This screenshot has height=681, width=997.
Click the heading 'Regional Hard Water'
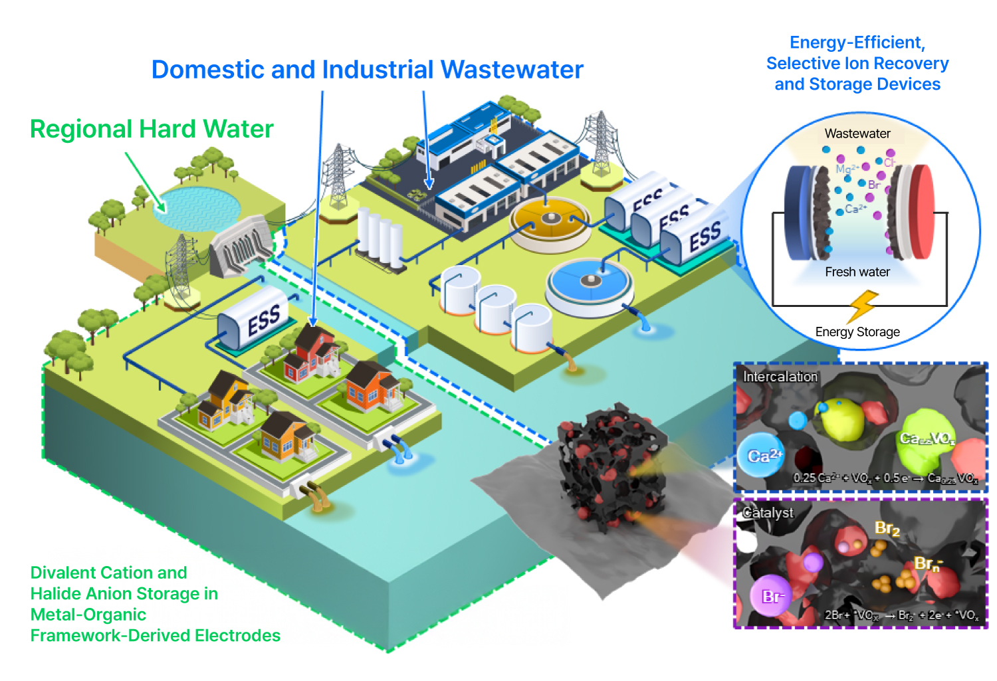(152, 129)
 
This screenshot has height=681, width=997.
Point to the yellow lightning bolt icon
(862, 306)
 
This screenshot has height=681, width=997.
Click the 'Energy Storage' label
(857, 332)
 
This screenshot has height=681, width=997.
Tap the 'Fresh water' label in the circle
(857, 272)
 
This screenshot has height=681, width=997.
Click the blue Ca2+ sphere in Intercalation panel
(762, 455)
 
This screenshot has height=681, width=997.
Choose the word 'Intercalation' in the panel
(780, 377)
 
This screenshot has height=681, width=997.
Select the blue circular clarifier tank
(589, 282)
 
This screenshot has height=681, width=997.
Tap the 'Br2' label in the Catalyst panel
(887, 529)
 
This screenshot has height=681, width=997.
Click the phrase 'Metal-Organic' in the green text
(88, 615)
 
